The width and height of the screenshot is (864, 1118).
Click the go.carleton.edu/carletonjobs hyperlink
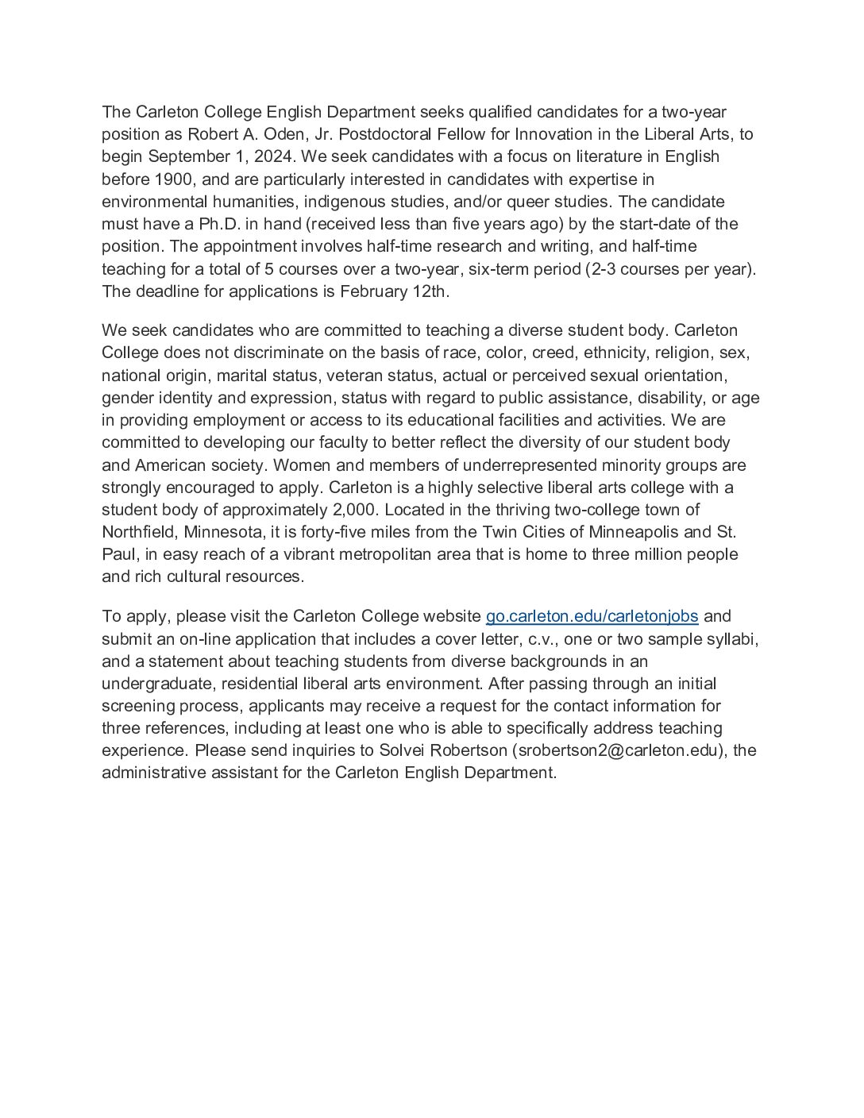tap(592, 616)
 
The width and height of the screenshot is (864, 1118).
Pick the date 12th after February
tap(430, 291)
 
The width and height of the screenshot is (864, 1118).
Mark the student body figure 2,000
tap(353, 510)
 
